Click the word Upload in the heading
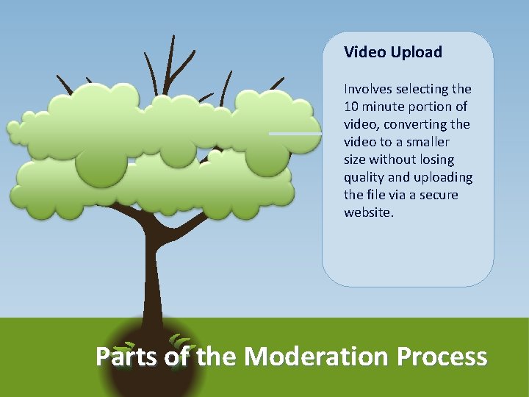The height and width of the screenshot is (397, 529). [x=417, y=52]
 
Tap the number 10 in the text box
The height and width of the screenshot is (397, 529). [x=351, y=107]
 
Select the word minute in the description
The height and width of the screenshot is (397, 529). [x=386, y=107]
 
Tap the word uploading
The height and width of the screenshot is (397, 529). [x=442, y=177]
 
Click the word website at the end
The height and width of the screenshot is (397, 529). [x=367, y=212]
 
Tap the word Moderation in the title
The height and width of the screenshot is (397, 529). [x=316, y=357]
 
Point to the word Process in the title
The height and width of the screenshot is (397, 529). [x=442, y=357]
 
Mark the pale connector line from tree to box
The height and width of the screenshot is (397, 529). [x=294, y=134]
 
